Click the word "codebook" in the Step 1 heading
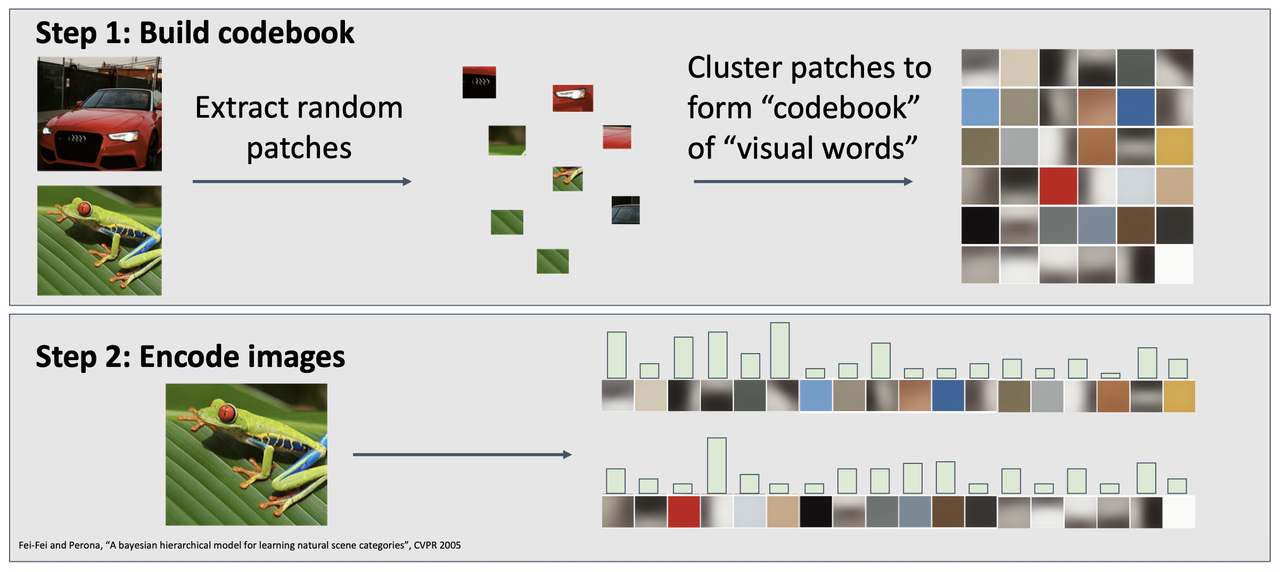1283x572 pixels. coord(286,33)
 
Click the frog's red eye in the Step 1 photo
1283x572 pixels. coord(84,208)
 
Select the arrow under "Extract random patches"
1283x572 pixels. coord(302,182)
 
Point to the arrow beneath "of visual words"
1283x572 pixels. coord(803,182)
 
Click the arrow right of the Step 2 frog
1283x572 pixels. coord(462,455)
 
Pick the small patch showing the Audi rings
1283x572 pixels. coord(479,82)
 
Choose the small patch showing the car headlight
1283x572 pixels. coord(573,98)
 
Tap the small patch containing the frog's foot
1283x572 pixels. coord(568,178)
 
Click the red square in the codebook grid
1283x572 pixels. coord(1058,186)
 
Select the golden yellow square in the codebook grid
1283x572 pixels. coord(1174,146)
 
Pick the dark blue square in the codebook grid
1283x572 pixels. coord(1136,107)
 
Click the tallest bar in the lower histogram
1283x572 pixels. coord(717,465)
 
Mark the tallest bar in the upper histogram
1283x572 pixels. coord(780,350)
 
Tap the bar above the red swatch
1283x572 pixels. coord(682,488)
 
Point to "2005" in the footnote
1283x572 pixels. coord(450,545)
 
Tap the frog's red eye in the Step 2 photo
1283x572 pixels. coord(227,412)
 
